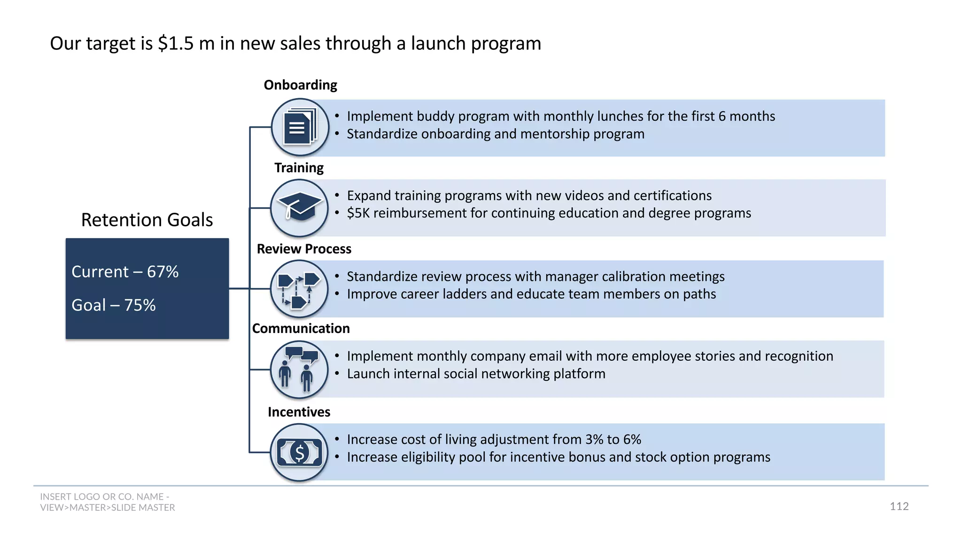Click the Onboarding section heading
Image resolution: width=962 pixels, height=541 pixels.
[x=300, y=85]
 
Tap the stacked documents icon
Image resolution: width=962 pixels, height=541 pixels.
[x=300, y=127]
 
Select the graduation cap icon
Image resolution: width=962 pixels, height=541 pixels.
[x=299, y=208]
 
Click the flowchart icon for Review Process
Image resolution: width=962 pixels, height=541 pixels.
[x=299, y=289]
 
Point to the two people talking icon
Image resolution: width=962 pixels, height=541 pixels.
[x=299, y=370]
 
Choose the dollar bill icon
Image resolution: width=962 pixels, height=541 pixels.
[x=299, y=452]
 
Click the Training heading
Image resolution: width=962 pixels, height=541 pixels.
[x=299, y=168]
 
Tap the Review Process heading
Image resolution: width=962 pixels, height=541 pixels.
[x=304, y=249]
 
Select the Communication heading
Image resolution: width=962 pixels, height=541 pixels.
[x=301, y=329]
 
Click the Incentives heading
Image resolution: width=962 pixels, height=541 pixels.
[x=299, y=412]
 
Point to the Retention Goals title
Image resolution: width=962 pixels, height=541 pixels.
[x=147, y=220]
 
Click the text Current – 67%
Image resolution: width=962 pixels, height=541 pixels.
[x=125, y=272]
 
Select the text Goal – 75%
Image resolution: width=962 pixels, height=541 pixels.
[x=113, y=305]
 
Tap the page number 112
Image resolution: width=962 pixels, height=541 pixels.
[x=899, y=506]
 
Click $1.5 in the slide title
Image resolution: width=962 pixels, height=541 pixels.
[x=176, y=44]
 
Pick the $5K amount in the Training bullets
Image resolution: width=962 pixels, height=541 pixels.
[x=358, y=213]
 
